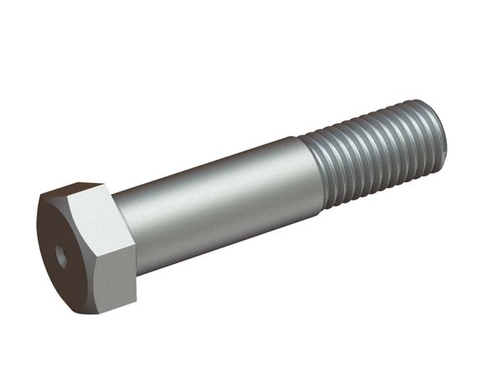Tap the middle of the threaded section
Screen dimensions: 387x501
click(x=372, y=155)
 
